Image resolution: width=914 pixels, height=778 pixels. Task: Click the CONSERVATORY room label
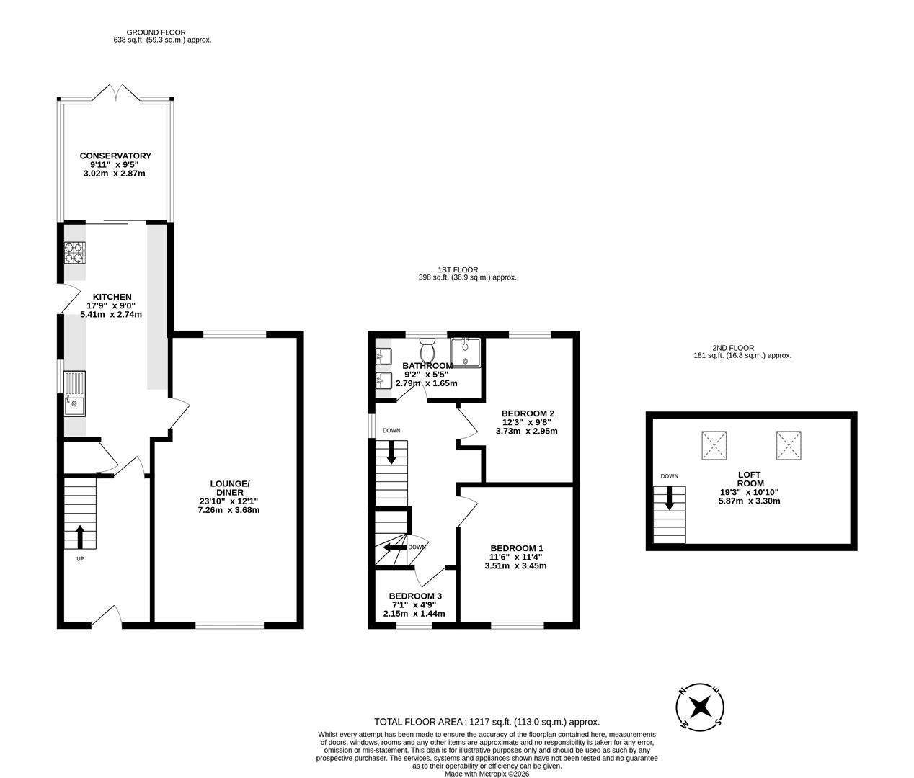pos(115,156)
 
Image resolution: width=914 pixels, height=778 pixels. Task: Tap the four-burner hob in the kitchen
pos(75,252)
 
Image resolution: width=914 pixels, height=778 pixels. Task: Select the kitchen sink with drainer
pos(75,393)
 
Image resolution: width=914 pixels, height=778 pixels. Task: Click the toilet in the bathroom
pos(427,350)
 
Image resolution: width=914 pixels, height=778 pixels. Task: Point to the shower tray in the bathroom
pos(465,352)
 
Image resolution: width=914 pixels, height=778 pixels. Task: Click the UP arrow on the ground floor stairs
pos(80,537)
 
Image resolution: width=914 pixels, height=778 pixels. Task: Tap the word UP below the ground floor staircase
pos(80,559)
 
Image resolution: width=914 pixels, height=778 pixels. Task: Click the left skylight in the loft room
pos(714,446)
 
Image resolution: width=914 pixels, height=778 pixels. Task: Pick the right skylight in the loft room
pos(789,446)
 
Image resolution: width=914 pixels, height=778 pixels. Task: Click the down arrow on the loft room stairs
pos(670,498)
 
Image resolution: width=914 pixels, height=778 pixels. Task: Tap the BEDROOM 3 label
pos(415,596)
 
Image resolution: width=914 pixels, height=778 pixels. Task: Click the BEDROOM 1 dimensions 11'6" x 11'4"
pos(515,557)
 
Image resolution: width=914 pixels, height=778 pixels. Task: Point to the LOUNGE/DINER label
pos(230,488)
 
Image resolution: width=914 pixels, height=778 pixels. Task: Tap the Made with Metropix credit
pos(487,774)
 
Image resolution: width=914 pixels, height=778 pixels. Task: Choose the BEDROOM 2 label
pos(528,413)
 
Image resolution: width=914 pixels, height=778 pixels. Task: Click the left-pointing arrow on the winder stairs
pos(395,547)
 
